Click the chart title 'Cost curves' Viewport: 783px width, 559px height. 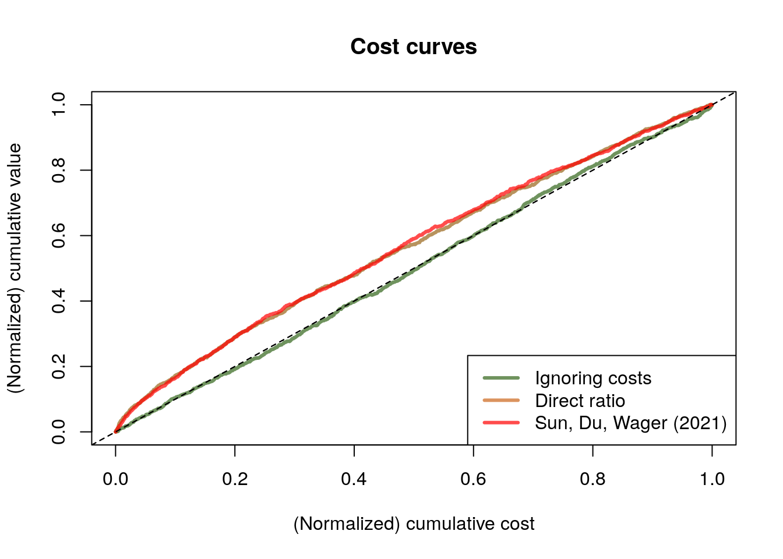pos(414,47)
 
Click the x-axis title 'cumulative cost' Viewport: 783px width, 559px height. pos(414,524)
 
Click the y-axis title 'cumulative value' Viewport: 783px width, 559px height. pos(15,268)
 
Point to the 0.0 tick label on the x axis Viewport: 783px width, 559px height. pos(115,479)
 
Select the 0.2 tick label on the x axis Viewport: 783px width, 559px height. pos(235,479)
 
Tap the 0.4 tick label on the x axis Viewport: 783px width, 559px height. pos(354,479)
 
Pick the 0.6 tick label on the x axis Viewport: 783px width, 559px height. pos(474,479)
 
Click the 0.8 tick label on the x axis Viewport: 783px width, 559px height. pos(592,479)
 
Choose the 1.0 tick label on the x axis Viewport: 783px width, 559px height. pos(712,479)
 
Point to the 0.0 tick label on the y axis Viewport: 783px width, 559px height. pos(58,432)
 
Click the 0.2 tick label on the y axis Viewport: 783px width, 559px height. pos(58,366)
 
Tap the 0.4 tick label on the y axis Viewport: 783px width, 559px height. pos(58,301)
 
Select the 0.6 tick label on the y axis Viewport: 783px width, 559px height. pos(58,235)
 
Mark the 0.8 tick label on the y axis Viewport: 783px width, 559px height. pos(58,170)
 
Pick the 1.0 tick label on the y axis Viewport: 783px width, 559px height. pos(58,105)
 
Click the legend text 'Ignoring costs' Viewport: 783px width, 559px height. pos(593,378)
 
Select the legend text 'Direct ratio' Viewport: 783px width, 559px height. pos(580,401)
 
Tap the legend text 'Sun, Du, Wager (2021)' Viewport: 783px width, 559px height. pos(631,423)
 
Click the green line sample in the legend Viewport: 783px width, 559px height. pos(501,378)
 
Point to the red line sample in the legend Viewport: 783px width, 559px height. pos(501,423)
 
